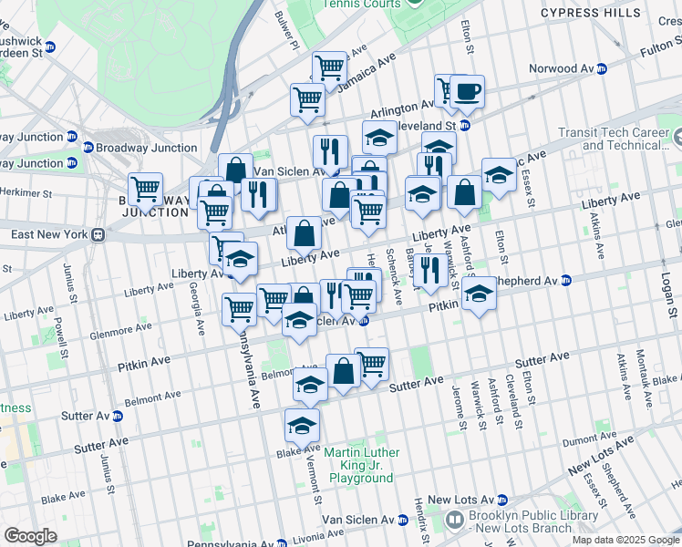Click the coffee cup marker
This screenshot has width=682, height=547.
coord(468,92)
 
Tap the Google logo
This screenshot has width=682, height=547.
coord(30,536)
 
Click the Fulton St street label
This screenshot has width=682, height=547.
coord(650,56)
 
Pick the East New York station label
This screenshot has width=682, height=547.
coord(51,234)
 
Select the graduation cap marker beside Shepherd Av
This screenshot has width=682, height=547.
coord(480,294)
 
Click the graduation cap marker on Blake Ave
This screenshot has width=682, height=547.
coord(301,425)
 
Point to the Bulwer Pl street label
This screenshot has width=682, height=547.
coord(288,30)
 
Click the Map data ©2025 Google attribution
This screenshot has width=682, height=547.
coord(625,540)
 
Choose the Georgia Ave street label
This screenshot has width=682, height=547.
coord(197,309)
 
